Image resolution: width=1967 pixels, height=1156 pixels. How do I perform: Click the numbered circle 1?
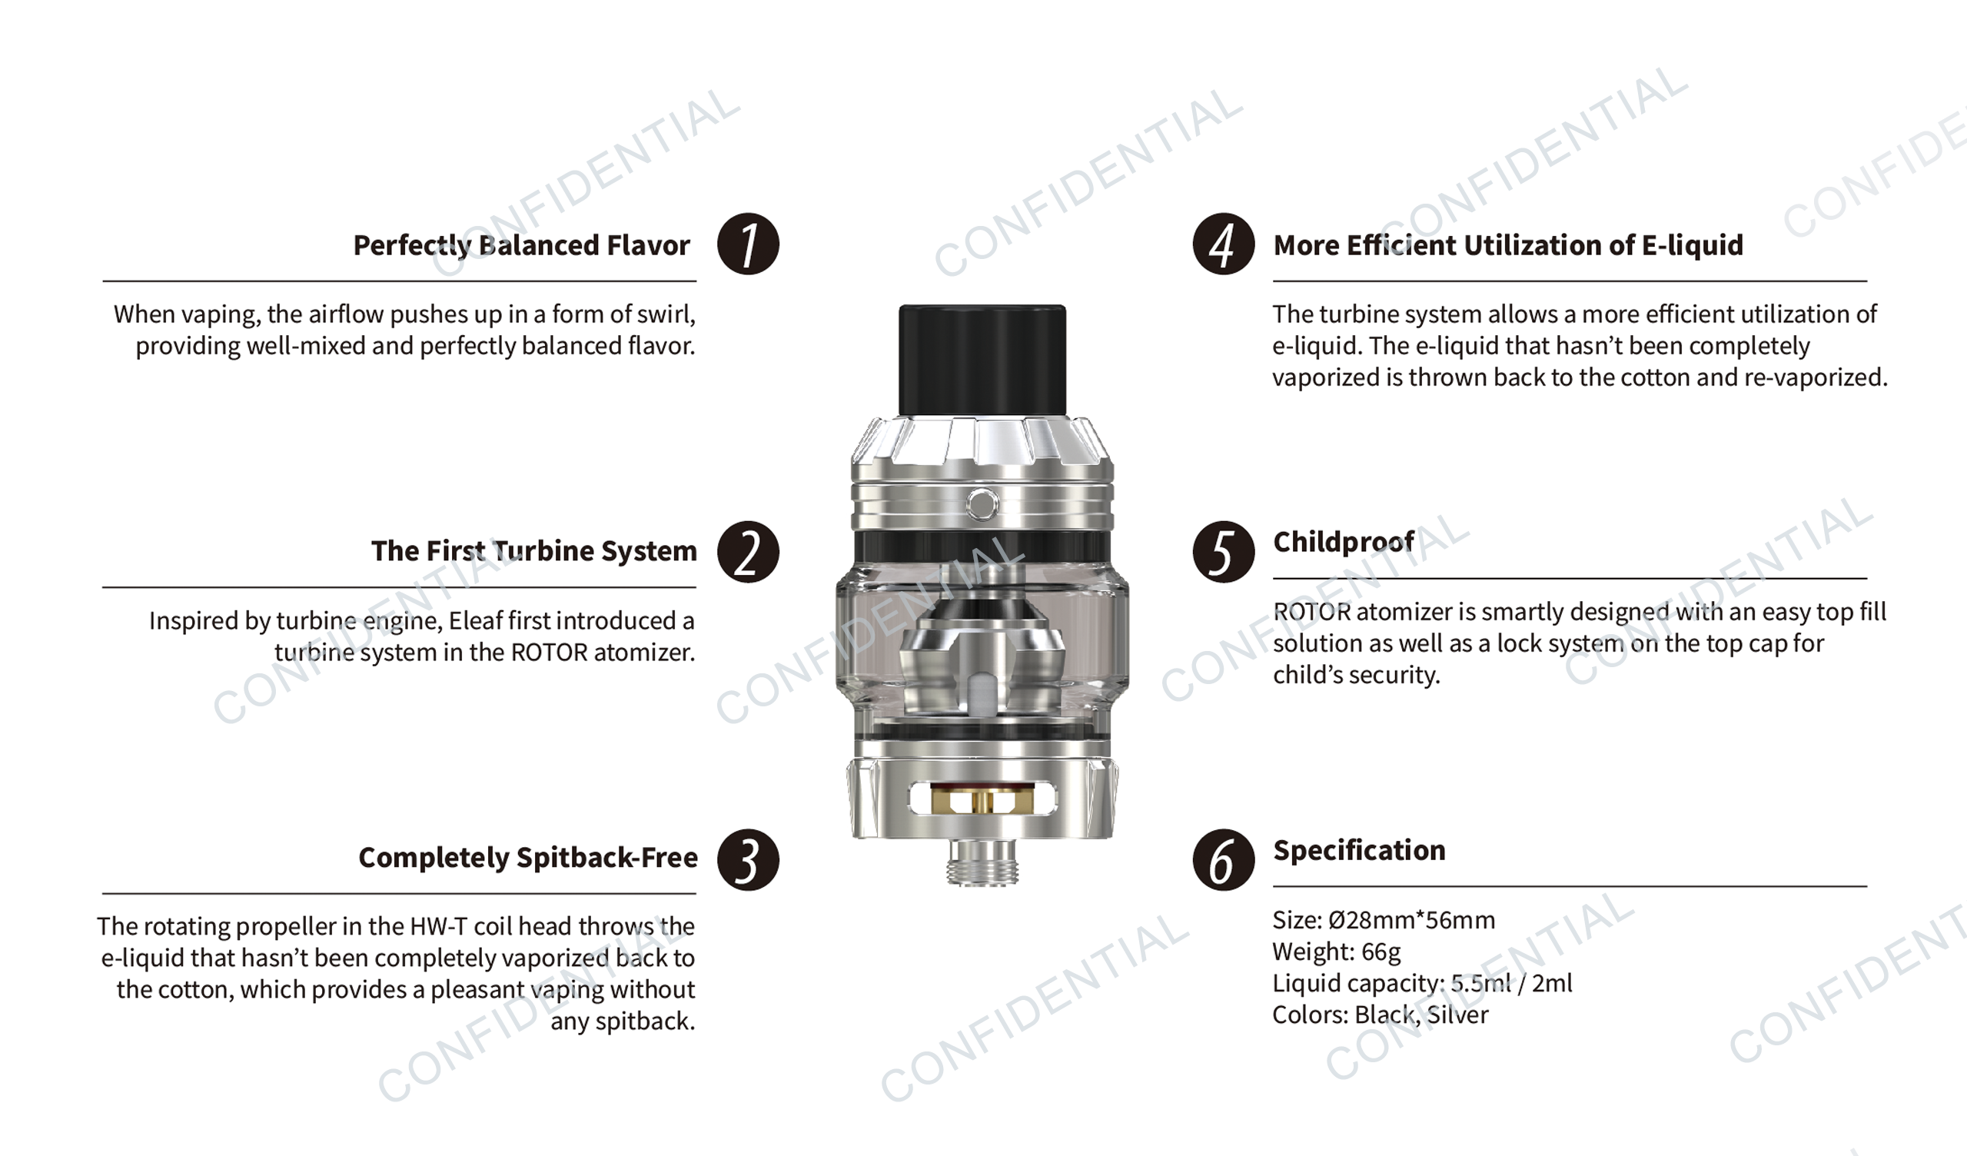pos(748,244)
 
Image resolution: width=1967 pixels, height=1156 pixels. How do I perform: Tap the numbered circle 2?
pos(748,552)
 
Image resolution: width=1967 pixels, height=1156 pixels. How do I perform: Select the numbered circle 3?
pos(748,859)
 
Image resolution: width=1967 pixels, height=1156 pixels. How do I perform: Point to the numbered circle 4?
pos(1223,244)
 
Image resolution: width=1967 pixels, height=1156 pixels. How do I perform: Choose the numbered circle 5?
pos(1223,552)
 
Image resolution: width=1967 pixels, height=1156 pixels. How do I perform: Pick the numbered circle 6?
pos(1223,859)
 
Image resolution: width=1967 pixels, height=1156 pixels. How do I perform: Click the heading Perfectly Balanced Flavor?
pos(521,246)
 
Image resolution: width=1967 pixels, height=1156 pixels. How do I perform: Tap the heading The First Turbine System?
pos(534,551)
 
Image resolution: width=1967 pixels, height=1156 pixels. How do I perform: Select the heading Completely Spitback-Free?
pos(527,858)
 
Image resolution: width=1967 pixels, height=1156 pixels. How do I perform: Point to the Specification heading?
pos(1359,850)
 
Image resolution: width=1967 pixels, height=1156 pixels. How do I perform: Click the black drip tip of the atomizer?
pos(982,360)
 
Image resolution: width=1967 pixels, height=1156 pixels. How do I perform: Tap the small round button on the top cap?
pos(982,504)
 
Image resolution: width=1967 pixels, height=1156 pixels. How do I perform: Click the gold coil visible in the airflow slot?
pos(982,801)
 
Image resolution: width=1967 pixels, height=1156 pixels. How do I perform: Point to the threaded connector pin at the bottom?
pos(982,862)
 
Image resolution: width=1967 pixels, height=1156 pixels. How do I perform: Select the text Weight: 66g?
pos(1336,952)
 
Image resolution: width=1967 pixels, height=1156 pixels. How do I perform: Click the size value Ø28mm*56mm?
pos(1411,920)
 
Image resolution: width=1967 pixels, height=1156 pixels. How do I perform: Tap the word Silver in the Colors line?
pos(1457,1015)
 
